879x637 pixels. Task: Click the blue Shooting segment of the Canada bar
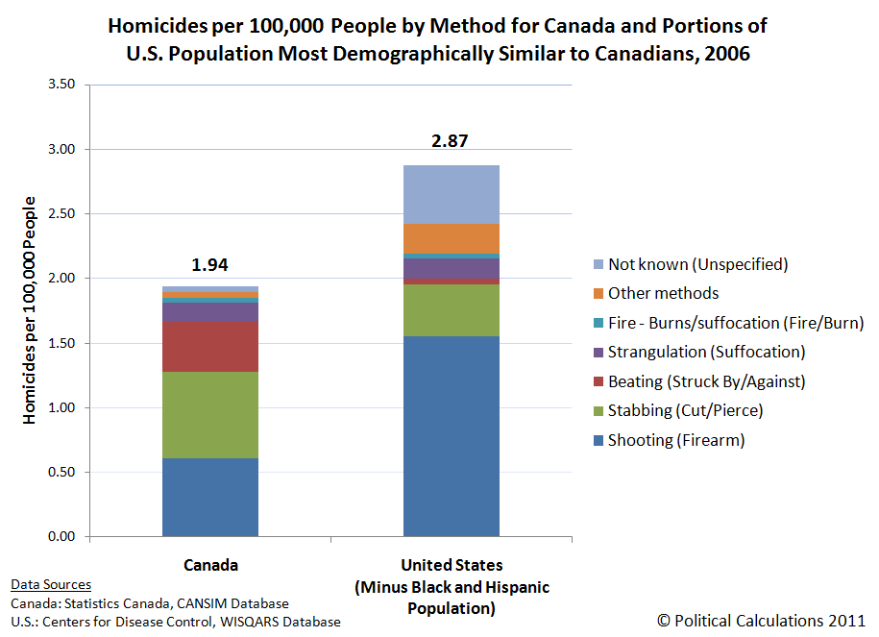210,497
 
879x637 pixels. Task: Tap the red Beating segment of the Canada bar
210,347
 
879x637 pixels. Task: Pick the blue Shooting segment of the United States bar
451,435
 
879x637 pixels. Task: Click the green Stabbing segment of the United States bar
451,309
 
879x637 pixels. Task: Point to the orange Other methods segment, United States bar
451,238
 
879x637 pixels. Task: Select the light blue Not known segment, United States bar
451,194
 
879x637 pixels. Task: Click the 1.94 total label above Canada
210,266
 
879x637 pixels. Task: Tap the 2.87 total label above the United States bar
451,141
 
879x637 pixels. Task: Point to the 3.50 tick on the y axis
61,85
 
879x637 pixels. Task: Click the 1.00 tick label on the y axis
61,407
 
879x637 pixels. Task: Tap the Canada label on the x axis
210,565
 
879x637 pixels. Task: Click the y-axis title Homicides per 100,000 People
30,309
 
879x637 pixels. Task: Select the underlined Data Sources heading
51,584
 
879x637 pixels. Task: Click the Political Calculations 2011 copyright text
761,621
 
